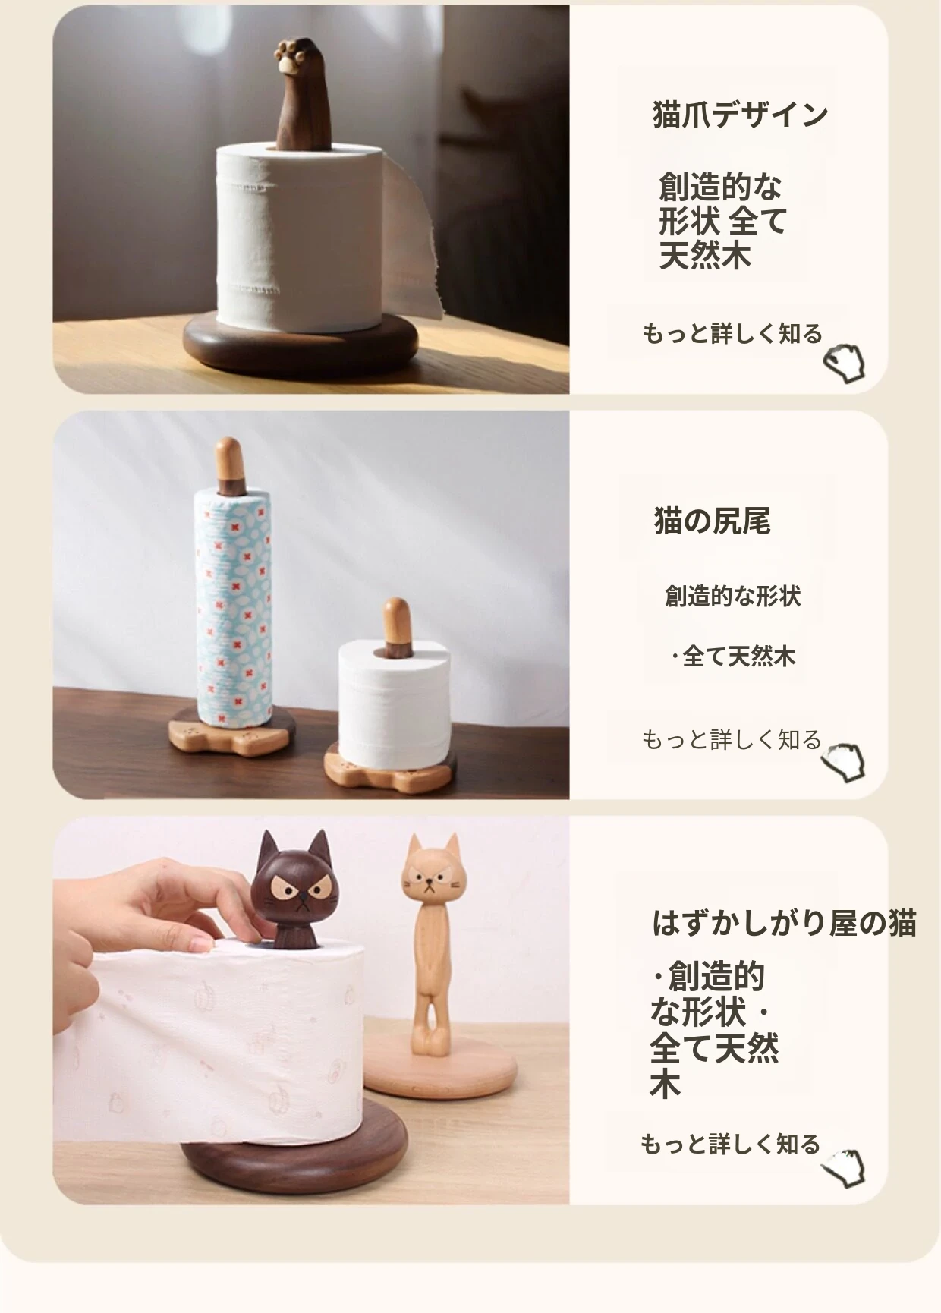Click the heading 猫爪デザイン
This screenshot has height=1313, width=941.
pyautogui.click(x=740, y=115)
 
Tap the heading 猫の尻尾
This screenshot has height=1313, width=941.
pyautogui.click(x=712, y=521)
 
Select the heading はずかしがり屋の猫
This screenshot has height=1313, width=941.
pyautogui.click(x=785, y=923)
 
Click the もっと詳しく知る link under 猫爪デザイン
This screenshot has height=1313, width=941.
pyautogui.click(x=732, y=333)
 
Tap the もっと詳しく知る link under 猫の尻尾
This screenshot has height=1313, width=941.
pyautogui.click(x=732, y=739)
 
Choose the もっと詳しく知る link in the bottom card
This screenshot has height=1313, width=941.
pyautogui.click(x=730, y=1144)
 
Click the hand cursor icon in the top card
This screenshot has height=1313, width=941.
pyautogui.click(x=845, y=363)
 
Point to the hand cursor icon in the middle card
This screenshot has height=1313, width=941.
pyautogui.click(x=843, y=763)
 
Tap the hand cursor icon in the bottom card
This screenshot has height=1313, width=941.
pyautogui.click(x=843, y=1169)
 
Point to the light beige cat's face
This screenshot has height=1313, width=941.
pyautogui.click(x=431, y=878)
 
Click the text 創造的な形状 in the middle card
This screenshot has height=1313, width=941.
pyautogui.click(x=732, y=597)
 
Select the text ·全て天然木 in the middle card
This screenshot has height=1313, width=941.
pyautogui.click(x=733, y=656)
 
